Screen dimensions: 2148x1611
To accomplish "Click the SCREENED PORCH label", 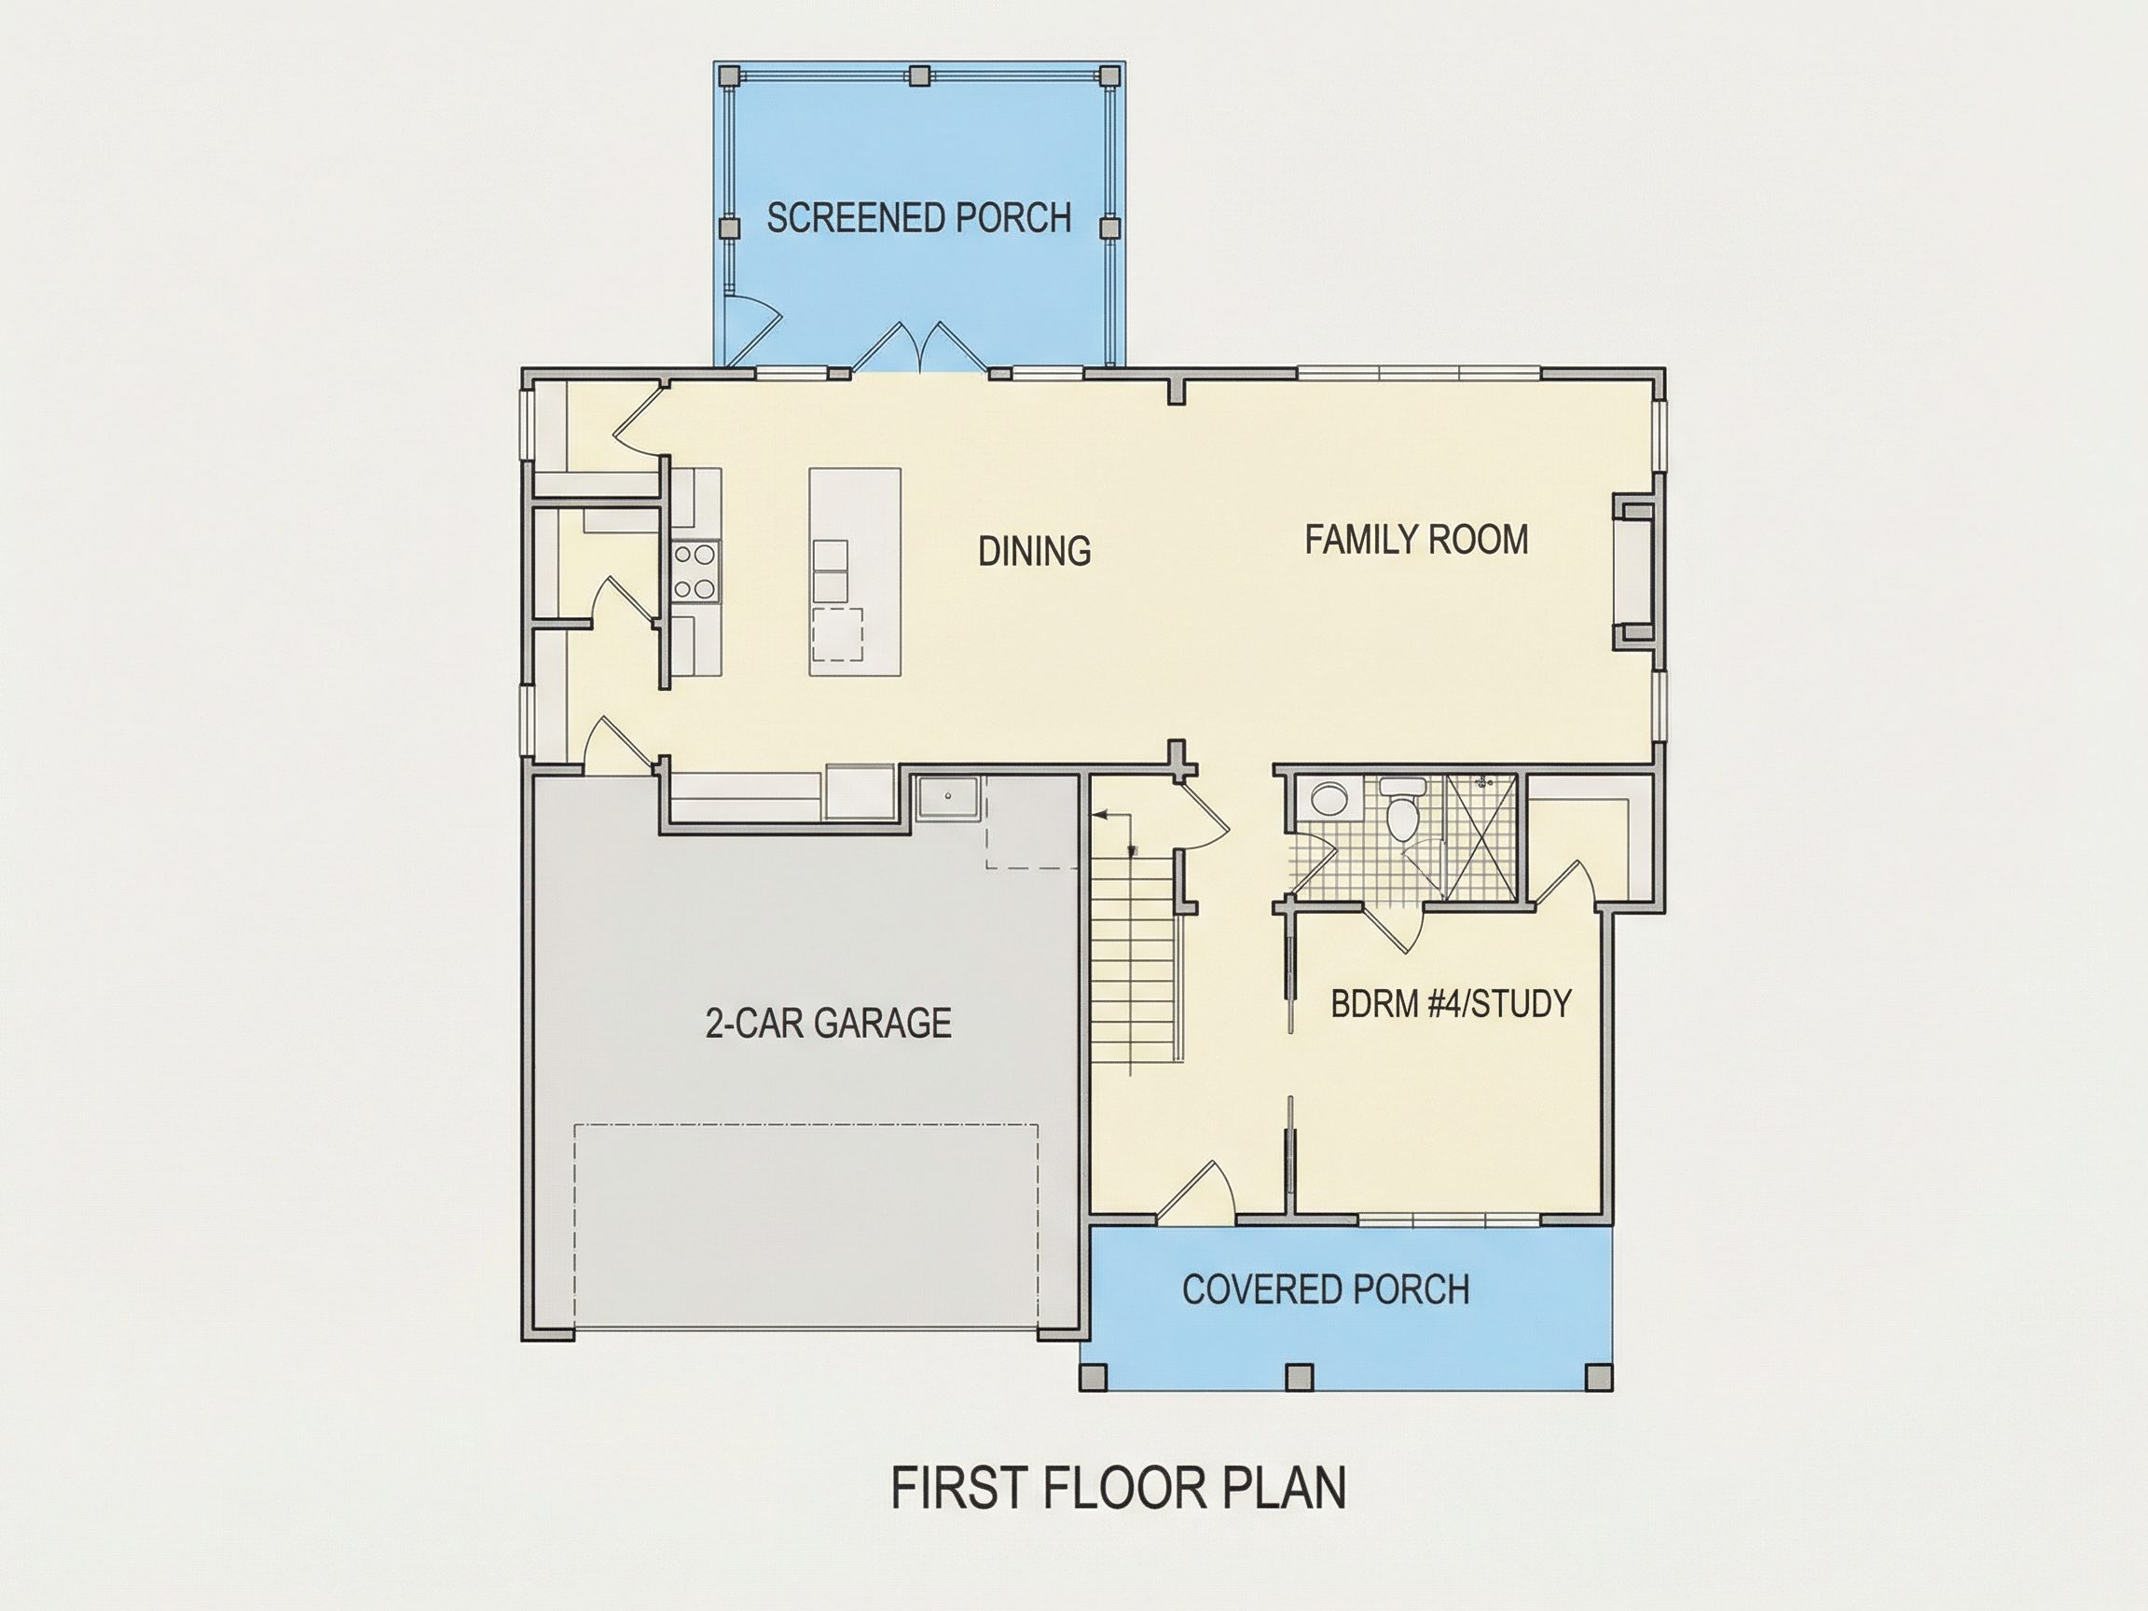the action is coord(918,217).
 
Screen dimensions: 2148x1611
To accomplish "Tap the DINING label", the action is coord(1034,552).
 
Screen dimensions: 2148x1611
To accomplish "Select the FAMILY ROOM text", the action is coord(1416,540).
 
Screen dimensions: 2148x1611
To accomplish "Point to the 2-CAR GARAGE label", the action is coord(827,1024).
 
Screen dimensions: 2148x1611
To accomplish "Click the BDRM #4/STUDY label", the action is coord(1451,1003).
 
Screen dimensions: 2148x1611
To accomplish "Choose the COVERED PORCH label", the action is coord(1326,1289).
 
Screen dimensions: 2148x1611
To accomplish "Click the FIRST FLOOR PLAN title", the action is coord(1119,1489).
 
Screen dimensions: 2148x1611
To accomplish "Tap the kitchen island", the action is coord(856,571).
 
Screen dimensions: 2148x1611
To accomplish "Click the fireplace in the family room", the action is coord(1633,571).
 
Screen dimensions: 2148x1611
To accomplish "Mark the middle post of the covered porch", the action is coord(1299,1377).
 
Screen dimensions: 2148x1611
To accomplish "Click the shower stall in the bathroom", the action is coord(1480,838).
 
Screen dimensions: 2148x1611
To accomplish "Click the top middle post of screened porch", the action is coord(919,75).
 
